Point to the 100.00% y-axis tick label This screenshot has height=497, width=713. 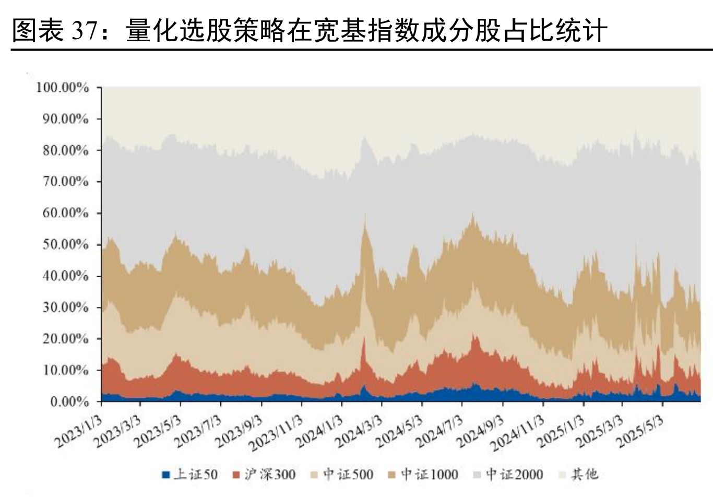click(x=62, y=87)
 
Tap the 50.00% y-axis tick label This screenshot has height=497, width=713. click(x=65, y=244)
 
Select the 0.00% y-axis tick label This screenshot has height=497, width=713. click(x=68, y=401)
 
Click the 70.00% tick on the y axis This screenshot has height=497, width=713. click(x=65, y=182)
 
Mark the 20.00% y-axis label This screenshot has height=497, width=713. click(x=65, y=338)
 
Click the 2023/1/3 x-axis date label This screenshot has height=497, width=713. click(x=78, y=431)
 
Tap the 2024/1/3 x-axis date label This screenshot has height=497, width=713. click(x=319, y=431)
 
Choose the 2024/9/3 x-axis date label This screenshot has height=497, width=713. click(x=480, y=431)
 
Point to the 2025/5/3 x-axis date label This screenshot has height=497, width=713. click(x=640, y=431)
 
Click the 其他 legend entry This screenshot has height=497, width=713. click(x=584, y=475)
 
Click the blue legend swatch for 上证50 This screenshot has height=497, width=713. click(x=166, y=475)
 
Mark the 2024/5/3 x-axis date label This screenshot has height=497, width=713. click(x=400, y=431)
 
